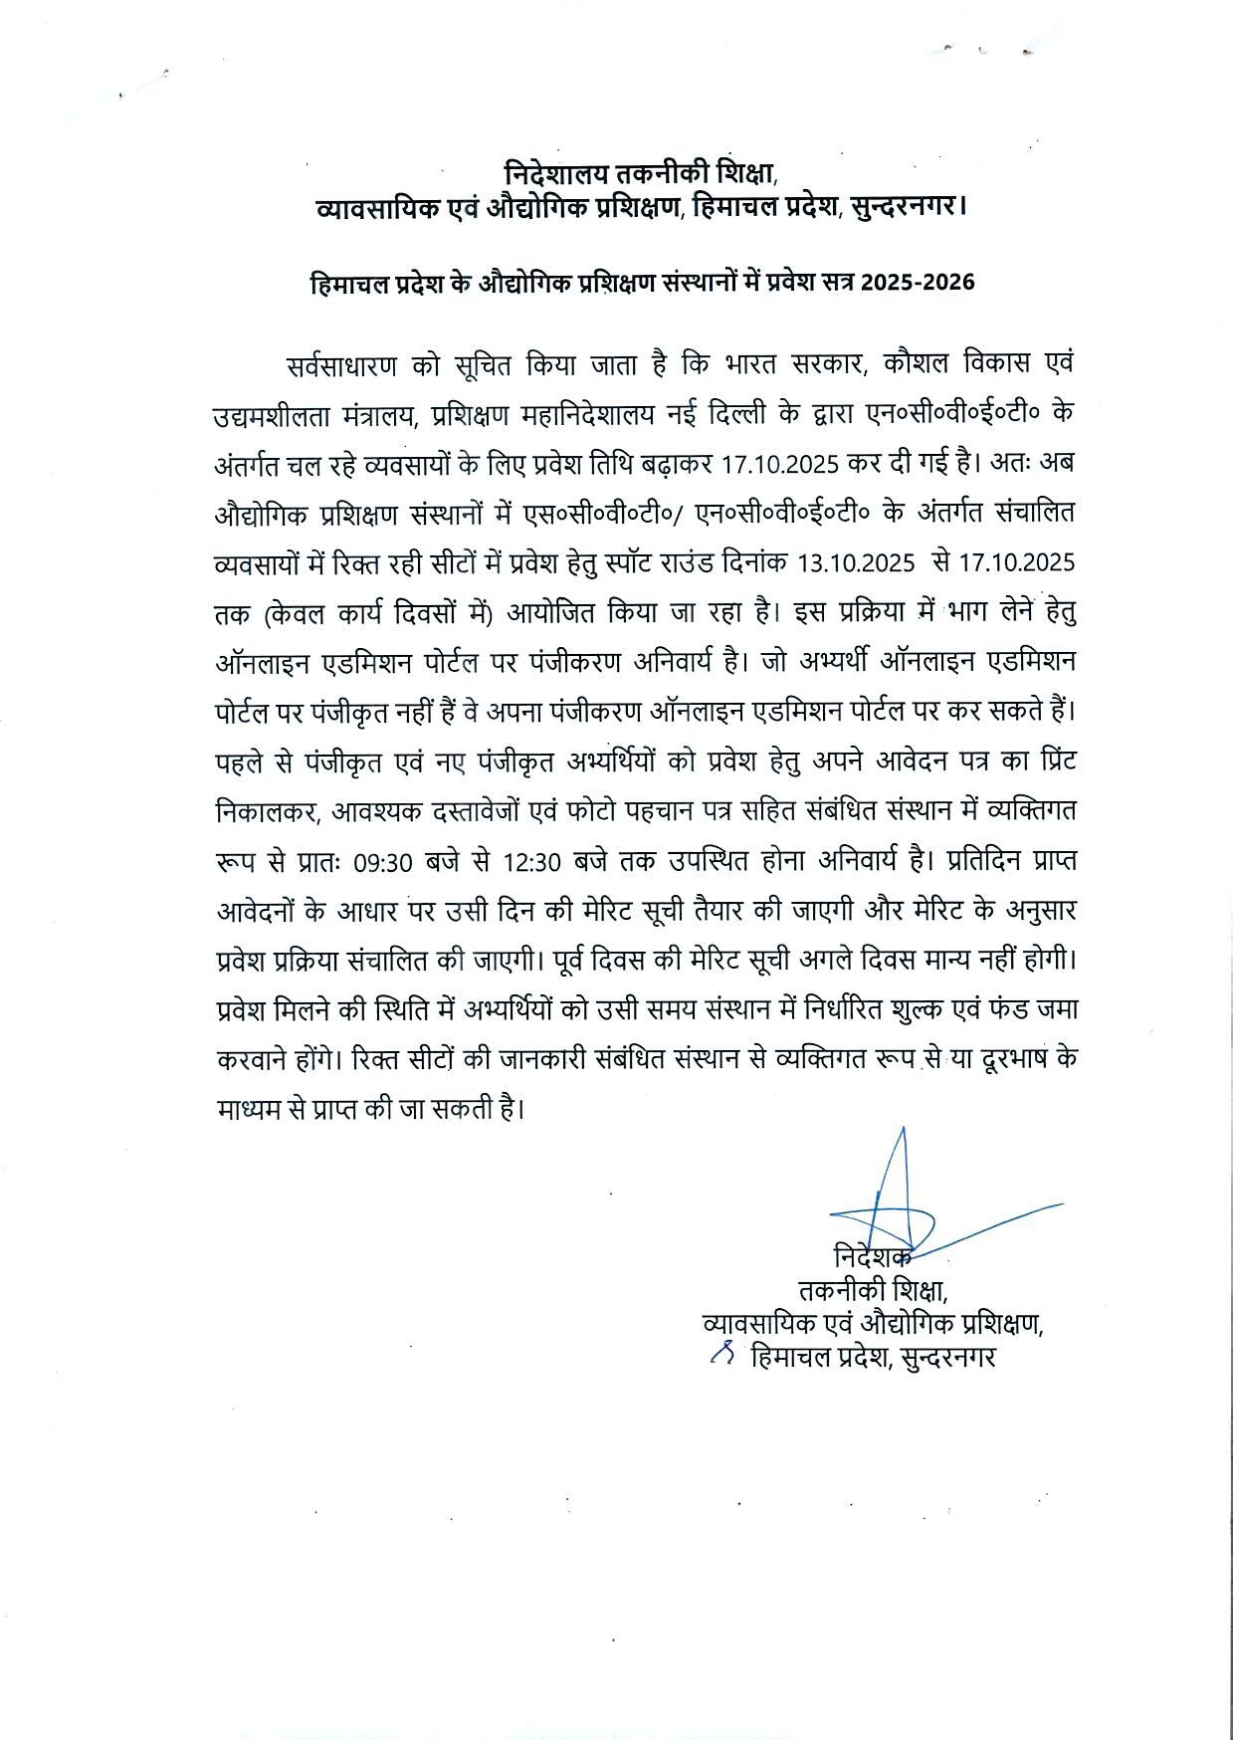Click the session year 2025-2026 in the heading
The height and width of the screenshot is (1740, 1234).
pyautogui.click(x=918, y=283)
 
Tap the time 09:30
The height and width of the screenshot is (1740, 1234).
pyautogui.click(x=383, y=862)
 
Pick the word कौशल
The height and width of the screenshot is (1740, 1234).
pyautogui.click(x=916, y=364)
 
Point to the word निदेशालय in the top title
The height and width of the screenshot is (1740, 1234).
pyautogui.click(x=554, y=173)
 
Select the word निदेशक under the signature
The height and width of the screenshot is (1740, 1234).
pyautogui.click(x=872, y=1257)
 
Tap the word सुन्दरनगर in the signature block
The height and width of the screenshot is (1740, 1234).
pyautogui.click(x=947, y=1358)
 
